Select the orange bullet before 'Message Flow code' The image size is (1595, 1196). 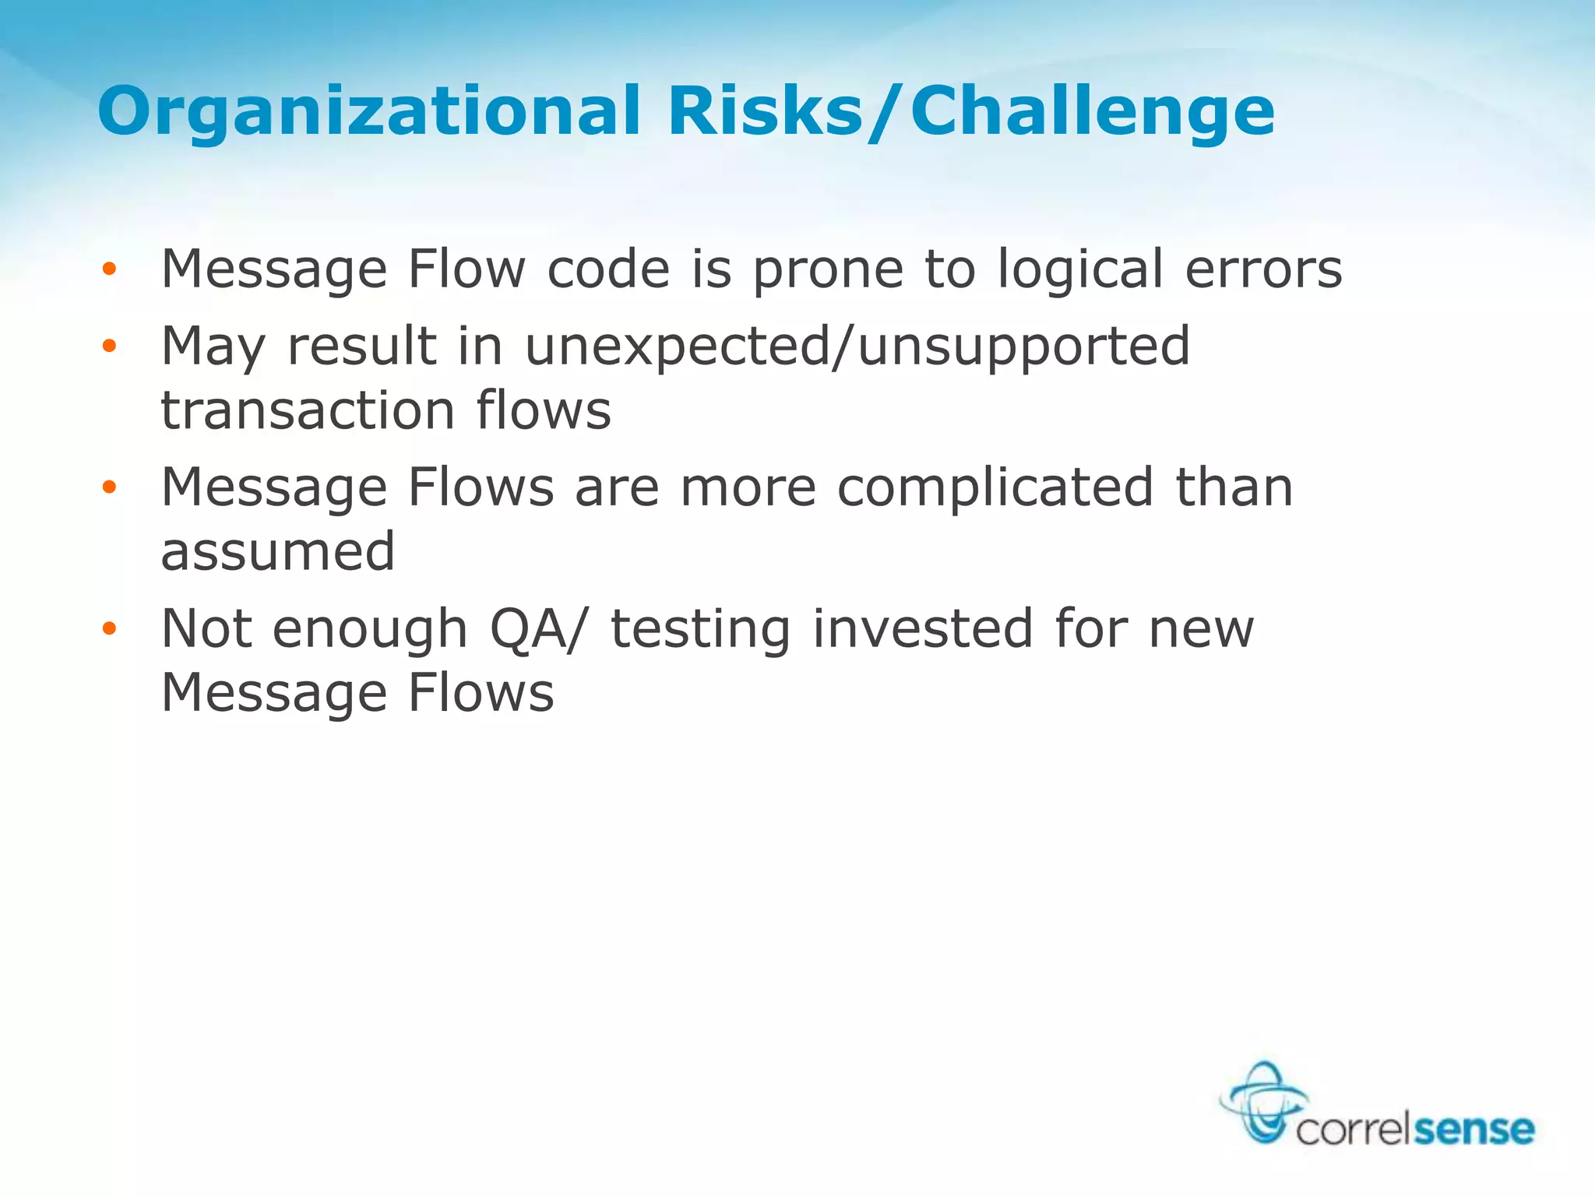coord(109,269)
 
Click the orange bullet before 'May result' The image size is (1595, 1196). coord(109,346)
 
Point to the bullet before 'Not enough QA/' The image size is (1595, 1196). coord(109,628)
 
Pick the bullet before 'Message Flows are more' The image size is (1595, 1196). coord(109,487)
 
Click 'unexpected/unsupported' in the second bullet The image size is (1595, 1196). coord(857,347)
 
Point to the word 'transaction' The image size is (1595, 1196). coord(308,410)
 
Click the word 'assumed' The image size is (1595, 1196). coord(278,551)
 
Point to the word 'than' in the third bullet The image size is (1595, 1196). coord(1234,487)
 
